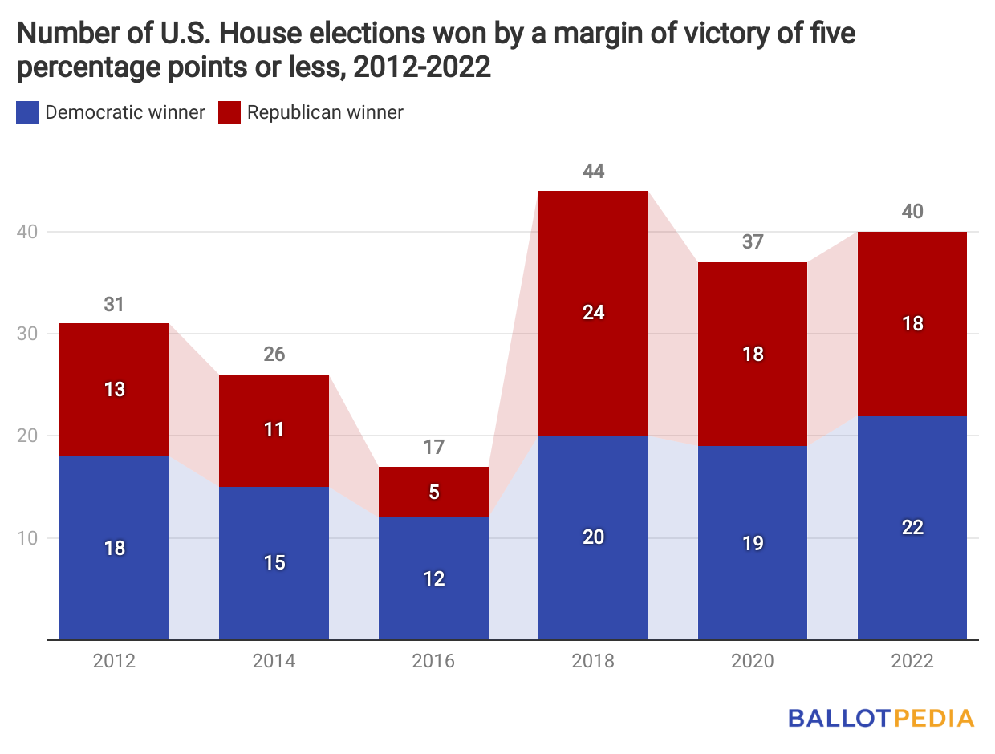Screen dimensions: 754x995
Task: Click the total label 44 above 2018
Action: click(x=594, y=171)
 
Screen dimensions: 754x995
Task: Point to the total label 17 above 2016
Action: click(x=434, y=447)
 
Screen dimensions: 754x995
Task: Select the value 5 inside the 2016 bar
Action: click(x=434, y=493)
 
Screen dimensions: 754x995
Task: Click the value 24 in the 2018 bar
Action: click(x=594, y=313)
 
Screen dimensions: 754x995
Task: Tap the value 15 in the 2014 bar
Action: click(x=274, y=563)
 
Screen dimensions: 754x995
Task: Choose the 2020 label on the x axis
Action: click(x=753, y=662)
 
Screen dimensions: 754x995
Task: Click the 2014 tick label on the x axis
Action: click(x=274, y=662)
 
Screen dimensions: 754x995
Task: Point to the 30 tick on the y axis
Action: click(x=28, y=334)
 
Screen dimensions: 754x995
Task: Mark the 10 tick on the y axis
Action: click(x=28, y=538)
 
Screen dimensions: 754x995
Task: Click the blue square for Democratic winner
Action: click(x=26, y=112)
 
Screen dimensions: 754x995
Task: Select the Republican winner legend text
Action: click(x=325, y=112)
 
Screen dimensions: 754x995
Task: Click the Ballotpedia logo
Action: click(x=881, y=717)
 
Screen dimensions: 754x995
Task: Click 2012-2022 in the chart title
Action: click(x=422, y=67)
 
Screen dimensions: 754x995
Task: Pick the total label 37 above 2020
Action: click(x=753, y=241)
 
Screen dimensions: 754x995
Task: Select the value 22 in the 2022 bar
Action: click(x=912, y=527)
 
